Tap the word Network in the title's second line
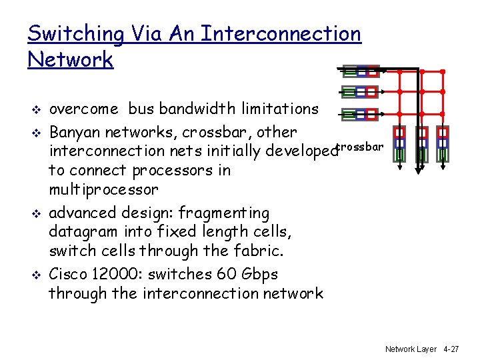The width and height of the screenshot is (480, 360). [x=71, y=59]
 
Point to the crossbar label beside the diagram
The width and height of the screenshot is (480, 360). [x=360, y=146]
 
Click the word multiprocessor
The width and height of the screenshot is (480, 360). [x=103, y=189]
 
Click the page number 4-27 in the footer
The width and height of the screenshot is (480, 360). [x=451, y=349]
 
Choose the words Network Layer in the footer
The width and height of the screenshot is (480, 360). [x=411, y=349]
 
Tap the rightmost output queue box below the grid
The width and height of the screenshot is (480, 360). [x=442, y=145]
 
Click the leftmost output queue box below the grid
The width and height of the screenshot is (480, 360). [x=399, y=145]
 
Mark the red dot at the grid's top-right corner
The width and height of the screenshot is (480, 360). [x=442, y=71]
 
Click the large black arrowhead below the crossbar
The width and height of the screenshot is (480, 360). [x=420, y=167]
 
